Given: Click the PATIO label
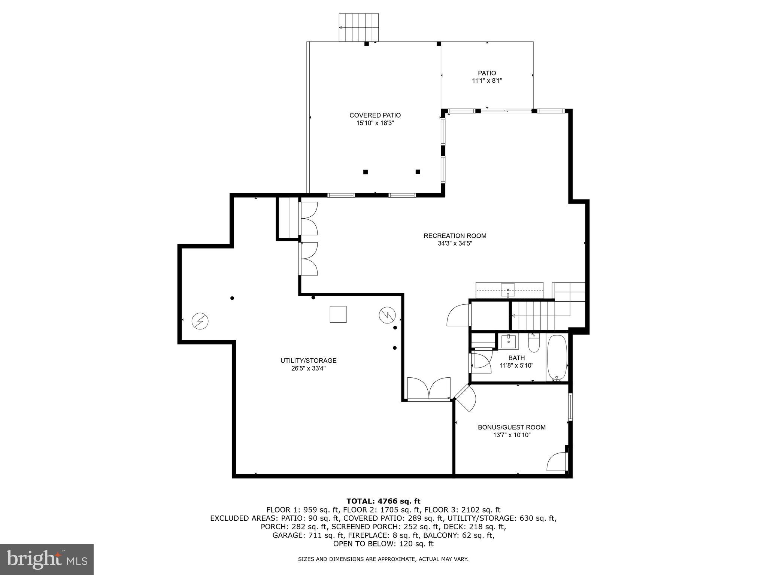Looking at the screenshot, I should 486,73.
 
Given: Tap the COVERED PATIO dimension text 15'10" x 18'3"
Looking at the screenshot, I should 375,123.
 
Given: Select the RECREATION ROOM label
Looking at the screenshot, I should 455,236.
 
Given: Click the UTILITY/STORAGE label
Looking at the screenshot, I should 308,360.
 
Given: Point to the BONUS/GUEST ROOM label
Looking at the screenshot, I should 511,427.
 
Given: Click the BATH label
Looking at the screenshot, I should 516,358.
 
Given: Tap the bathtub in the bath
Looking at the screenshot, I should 557,358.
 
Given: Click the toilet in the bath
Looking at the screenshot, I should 534,344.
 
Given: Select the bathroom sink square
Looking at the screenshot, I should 508,341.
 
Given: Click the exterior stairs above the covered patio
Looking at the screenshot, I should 358,27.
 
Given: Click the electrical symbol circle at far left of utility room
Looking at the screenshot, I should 200,321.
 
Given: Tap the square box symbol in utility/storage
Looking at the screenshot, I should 338,314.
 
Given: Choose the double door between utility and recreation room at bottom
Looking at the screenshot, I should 429,389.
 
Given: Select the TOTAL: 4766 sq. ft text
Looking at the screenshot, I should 383,501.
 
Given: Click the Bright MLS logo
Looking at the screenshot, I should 47,559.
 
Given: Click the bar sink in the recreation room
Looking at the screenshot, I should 508,290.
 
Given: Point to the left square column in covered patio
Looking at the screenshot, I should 366,172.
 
